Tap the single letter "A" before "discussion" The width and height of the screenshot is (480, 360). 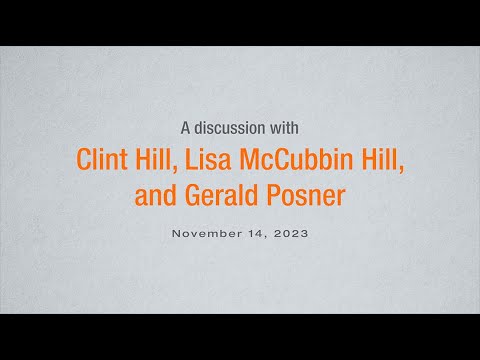point(185,128)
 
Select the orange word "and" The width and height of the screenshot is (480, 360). point(155,195)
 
